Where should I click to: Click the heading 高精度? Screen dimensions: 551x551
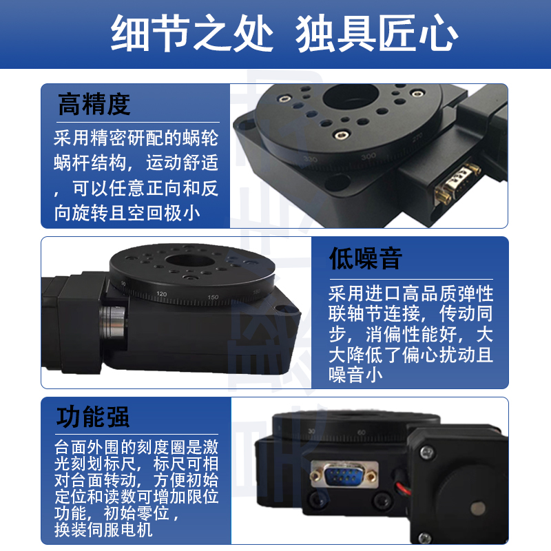point(94,105)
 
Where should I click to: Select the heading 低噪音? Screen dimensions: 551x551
point(366,259)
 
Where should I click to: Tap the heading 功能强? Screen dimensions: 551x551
point(94,417)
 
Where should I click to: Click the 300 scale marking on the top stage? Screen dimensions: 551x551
point(368,156)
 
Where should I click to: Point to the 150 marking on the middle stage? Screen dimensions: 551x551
point(212,298)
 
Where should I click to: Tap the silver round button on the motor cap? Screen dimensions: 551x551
point(473,509)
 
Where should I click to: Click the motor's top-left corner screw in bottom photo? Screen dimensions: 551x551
point(426,453)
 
